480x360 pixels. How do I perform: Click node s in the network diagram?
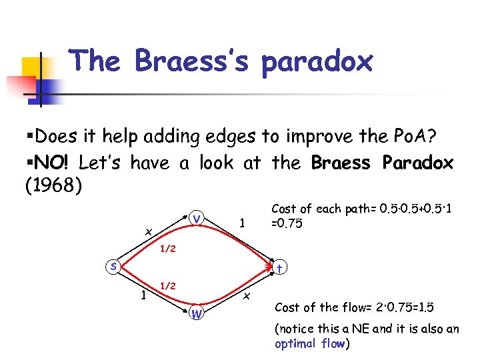click(115, 266)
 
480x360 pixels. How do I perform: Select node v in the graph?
click(196, 218)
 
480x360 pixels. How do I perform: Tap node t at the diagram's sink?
click(281, 268)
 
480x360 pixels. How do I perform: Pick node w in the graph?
click(196, 313)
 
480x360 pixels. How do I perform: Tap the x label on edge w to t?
click(246, 295)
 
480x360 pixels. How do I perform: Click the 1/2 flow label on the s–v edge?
click(167, 249)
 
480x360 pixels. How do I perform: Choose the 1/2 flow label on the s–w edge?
click(167, 285)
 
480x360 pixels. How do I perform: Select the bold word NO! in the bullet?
click(56, 162)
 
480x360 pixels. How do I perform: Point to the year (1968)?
click(53, 186)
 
